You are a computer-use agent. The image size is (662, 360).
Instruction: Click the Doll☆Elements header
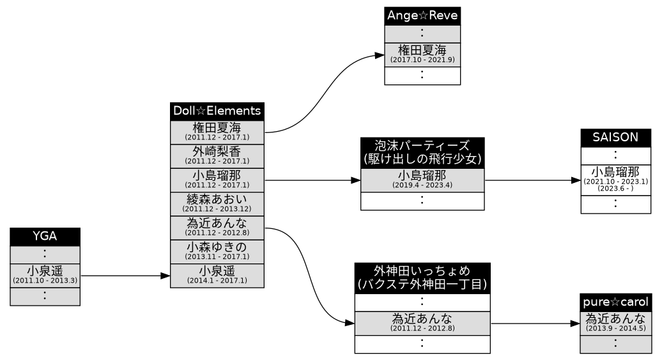217,111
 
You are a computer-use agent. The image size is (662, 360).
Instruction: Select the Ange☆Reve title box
422,16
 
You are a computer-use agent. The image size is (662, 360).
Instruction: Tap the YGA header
45,236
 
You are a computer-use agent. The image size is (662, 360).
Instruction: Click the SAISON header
615,137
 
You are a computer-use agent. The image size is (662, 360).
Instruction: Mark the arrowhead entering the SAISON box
575,180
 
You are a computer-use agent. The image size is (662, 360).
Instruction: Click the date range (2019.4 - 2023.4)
422,185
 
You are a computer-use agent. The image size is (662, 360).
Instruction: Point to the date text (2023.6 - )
615,189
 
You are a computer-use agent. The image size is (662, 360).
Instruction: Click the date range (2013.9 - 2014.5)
615,328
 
